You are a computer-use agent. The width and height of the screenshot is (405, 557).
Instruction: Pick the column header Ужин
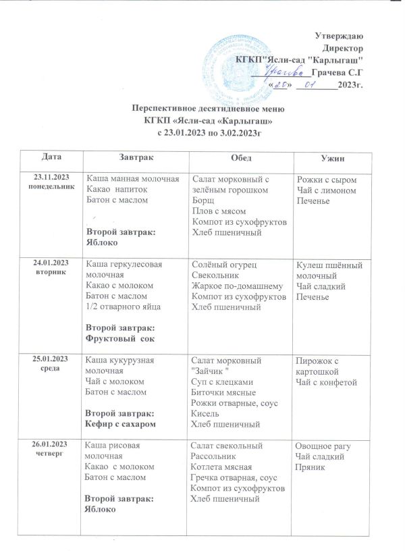pos(331,157)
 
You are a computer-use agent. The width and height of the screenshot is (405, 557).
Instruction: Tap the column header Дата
pos(50,157)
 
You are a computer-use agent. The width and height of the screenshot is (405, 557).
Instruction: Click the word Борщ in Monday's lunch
pos(204,201)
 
